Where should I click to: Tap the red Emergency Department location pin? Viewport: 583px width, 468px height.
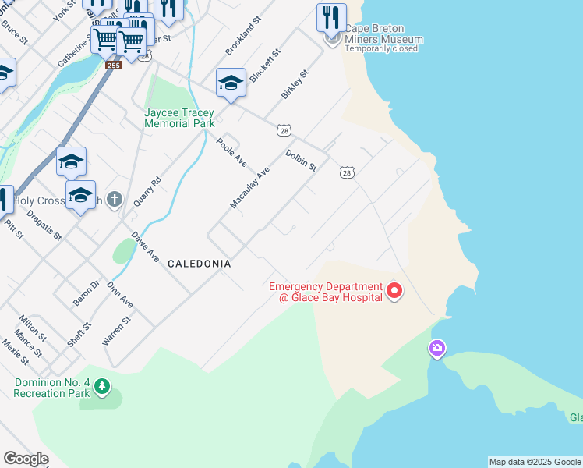pos(394,292)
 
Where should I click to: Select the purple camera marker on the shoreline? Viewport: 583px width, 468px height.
pos(437,348)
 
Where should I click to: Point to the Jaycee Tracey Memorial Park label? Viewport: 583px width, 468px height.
pos(179,118)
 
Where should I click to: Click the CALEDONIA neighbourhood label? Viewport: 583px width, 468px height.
pos(200,264)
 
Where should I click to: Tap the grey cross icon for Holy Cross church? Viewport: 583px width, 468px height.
pos(115,200)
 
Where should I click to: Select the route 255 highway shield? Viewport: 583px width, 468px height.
pos(114,65)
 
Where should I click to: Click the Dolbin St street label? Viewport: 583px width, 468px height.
pos(301,161)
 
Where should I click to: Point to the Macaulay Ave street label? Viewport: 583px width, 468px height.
pos(249,187)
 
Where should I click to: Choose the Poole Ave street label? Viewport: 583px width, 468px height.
pos(231,151)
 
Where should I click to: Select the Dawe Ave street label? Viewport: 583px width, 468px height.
pos(145,246)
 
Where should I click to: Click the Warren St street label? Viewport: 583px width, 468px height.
pos(116,331)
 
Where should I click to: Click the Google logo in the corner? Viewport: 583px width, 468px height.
pos(26,459)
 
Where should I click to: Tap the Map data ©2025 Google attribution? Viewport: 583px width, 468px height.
pos(535,462)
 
